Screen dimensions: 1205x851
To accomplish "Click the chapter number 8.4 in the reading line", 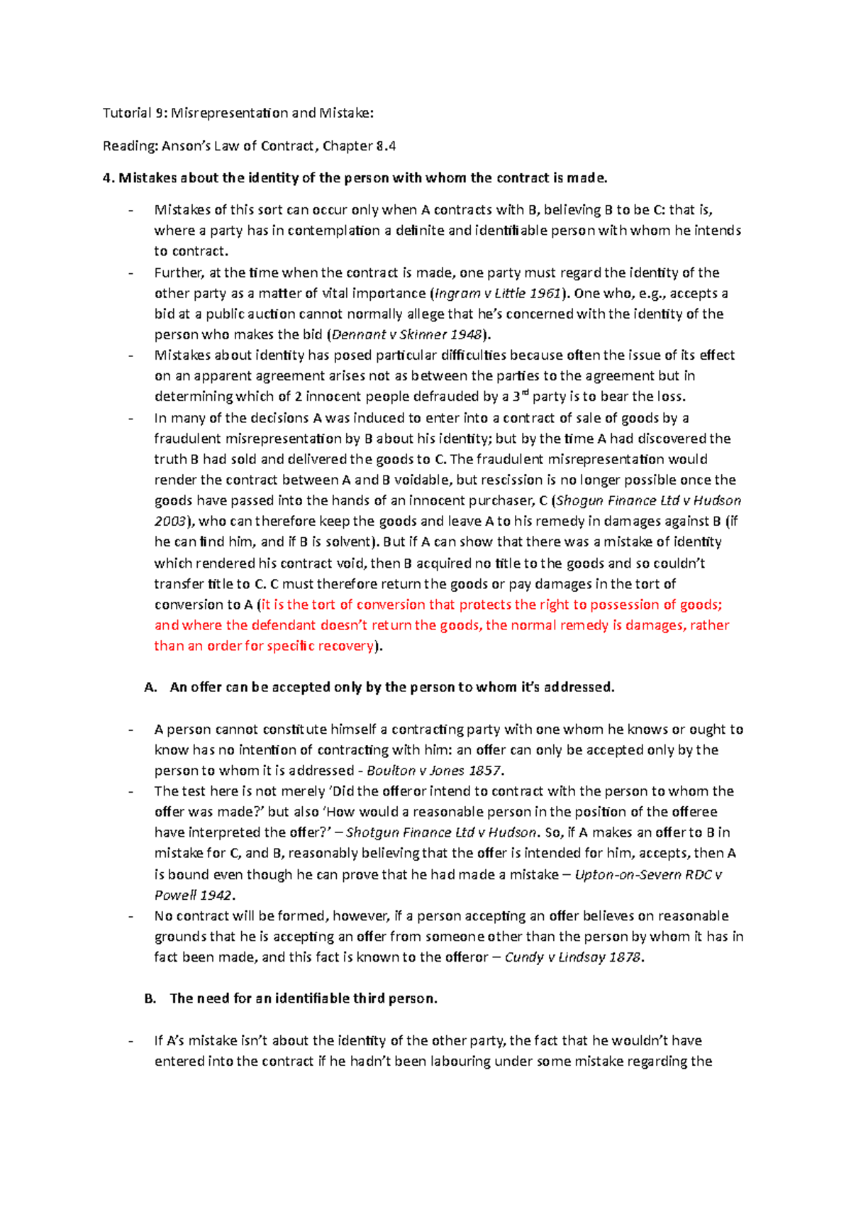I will point(386,146).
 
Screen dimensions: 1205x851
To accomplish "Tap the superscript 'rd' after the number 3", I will point(525,392).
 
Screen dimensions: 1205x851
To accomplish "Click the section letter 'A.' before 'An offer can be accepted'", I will point(150,688).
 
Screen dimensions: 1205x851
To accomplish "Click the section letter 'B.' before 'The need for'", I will point(150,999).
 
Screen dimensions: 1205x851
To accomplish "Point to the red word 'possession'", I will point(625,605).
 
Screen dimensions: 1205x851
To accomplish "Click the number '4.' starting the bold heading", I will point(108,178).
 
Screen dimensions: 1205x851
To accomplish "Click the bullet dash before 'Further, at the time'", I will point(130,273).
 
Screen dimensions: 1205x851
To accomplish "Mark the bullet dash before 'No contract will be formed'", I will point(130,916).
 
